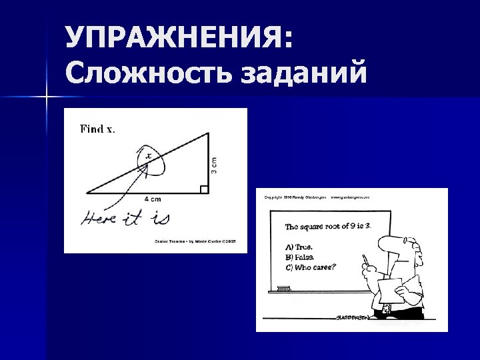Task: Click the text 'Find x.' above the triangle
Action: [97, 129]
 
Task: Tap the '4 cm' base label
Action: [153, 199]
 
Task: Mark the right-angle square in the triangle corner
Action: [204, 189]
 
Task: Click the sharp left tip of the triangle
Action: [88, 193]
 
